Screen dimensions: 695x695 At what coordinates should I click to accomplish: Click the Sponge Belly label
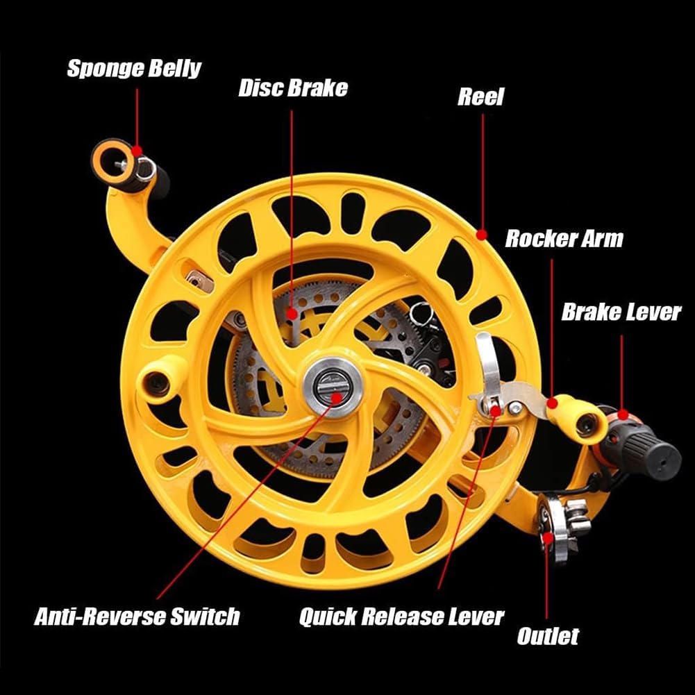(134, 69)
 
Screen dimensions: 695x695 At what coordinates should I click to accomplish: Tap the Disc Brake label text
(292, 89)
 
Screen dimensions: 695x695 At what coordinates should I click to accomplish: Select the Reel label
(480, 97)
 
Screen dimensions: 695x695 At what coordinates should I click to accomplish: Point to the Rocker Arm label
(564, 239)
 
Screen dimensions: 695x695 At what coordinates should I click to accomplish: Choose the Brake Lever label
(621, 312)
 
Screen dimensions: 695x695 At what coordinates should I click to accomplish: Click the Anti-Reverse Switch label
(137, 616)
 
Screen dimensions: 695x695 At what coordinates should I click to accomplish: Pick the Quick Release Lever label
(401, 617)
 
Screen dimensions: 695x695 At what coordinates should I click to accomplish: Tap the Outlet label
(547, 636)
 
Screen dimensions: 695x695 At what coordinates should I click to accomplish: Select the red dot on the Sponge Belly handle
(137, 150)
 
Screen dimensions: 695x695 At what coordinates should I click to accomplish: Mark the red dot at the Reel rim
(482, 235)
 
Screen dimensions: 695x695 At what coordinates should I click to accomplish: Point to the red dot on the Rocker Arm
(552, 402)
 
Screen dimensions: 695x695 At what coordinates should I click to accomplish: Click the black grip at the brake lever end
(653, 455)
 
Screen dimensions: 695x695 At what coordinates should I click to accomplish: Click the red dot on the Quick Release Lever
(495, 410)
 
